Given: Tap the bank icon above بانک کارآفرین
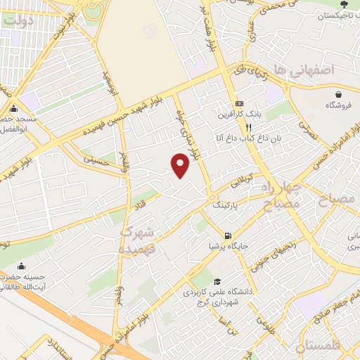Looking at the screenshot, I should (x=239, y=103).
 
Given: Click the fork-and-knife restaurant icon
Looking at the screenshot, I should (x=248, y=127).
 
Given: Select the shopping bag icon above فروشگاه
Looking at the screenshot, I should (x=340, y=94).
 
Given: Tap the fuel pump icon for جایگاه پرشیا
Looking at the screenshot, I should (x=226, y=236).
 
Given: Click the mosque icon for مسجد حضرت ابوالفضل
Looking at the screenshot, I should (x=13, y=109).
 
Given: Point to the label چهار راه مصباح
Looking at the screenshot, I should (x=281, y=196).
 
